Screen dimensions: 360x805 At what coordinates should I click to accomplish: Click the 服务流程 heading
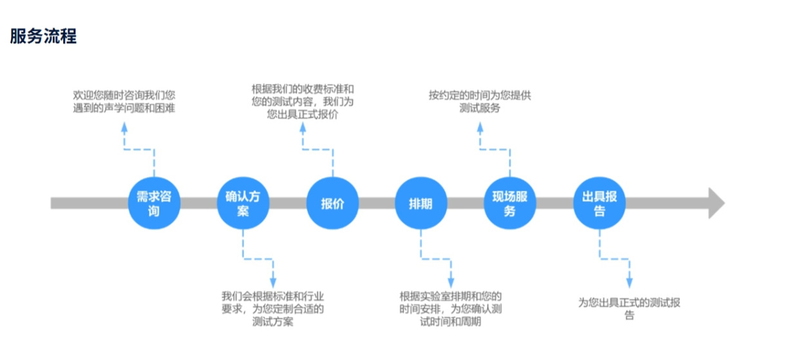(x=44, y=36)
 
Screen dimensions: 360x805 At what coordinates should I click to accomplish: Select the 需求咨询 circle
(x=154, y=204)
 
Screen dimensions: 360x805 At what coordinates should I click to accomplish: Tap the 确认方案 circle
(x=243, y=204)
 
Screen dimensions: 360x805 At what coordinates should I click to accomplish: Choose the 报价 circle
(x=332, y=204)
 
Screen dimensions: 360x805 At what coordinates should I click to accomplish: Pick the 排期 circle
(x=421, y=204)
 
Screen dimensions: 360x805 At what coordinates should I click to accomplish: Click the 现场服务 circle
(x=510, y=204)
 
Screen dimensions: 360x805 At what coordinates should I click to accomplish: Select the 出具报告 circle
(x=599, y=204)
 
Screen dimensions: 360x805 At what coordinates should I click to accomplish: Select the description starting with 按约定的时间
(x=480, y=102)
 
